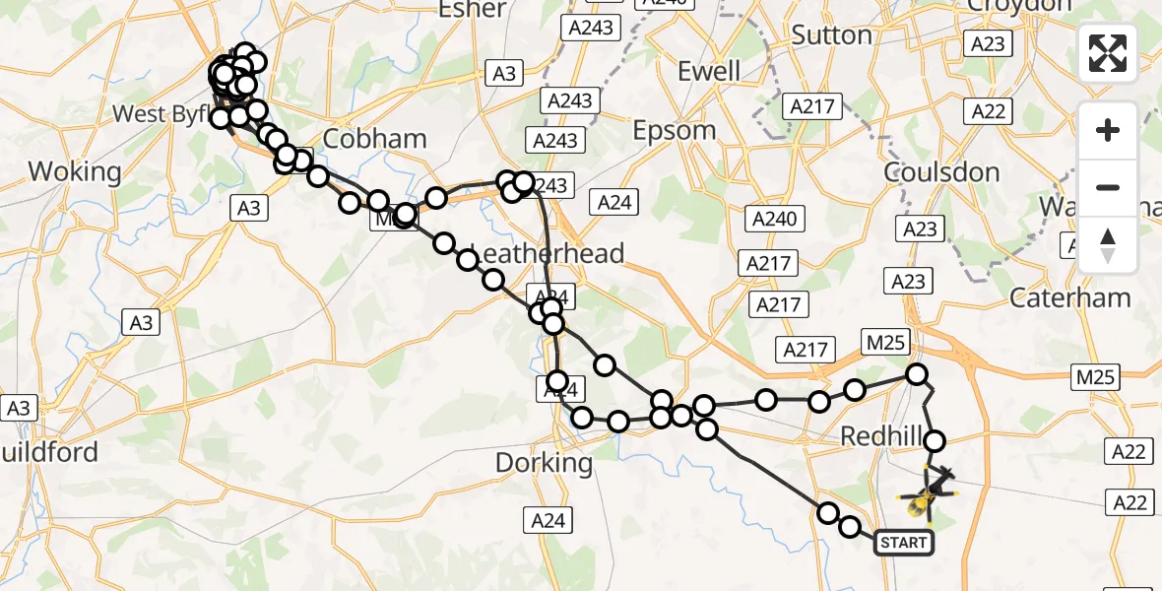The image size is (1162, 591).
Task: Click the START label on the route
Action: click(x=902, y=542)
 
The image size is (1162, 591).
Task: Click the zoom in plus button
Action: click(x=1108, y=131)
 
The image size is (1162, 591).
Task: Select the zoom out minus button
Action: click(x=1108, y=187)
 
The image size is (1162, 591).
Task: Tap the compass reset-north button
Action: click(x=1108, y=244)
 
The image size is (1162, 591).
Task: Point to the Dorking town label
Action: click(x=544, y=462)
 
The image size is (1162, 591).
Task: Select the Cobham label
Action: click(x=374, y=139)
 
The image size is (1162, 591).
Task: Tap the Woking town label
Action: click(x=75, y=171)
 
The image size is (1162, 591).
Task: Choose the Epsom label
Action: click(x=675, y=130)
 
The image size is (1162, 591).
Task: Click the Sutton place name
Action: click(x=832, y=35)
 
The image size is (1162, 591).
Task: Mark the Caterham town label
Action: click(x=1070, y=296)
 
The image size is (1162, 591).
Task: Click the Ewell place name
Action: click(x=709, y=71)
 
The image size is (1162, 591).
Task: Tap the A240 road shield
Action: click(x=774, y=219)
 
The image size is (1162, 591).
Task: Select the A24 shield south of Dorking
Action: click(x=548, y=521)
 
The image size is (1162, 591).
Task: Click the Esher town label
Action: click(x=476, y=10)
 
